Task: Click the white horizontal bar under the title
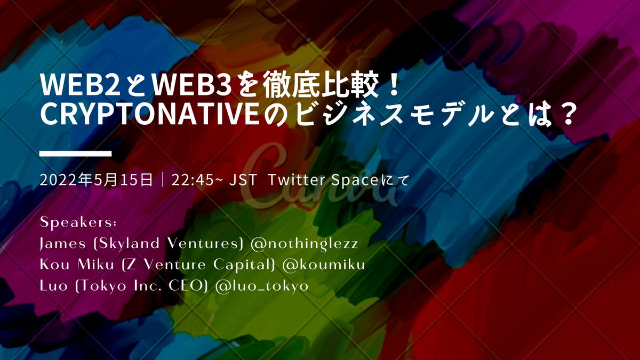(76, 154)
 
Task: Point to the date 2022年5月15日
(96, 180)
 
